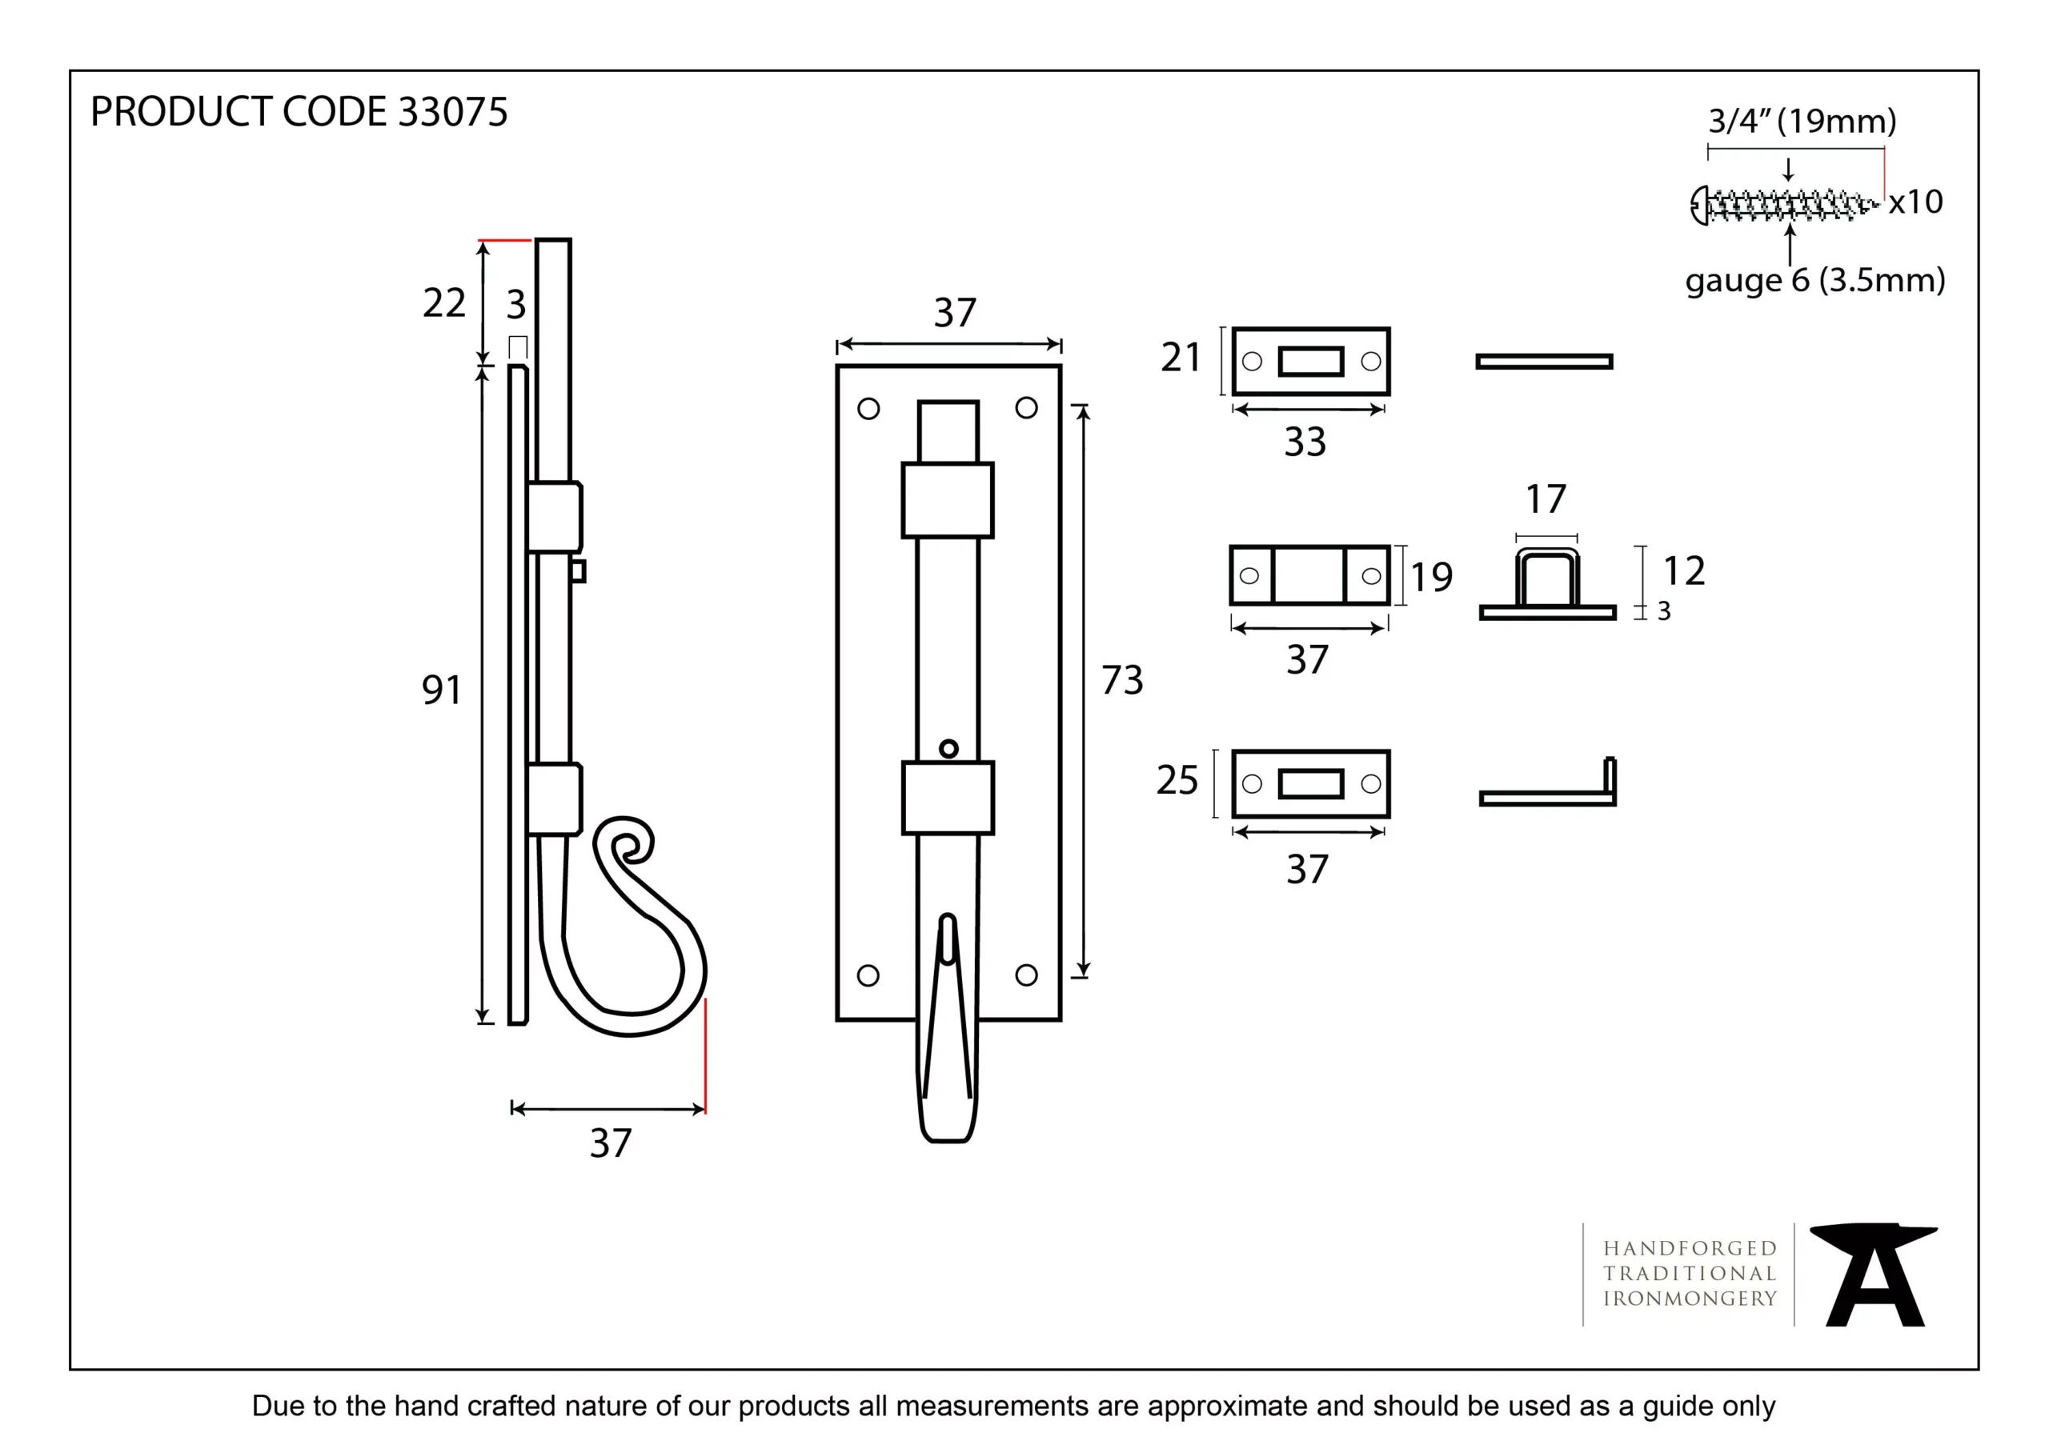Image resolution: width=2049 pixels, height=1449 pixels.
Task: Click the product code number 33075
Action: tap(452, 113)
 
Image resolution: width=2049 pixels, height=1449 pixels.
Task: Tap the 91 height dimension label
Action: tap(442, 690)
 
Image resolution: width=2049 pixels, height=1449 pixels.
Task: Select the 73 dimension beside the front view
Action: tap(1122, 680)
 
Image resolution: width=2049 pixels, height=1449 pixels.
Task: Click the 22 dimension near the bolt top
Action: tap(443, 303)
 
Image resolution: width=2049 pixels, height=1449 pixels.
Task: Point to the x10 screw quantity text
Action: tap(1915, 202)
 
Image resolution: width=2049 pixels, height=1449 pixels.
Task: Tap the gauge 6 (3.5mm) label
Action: tap(1814, 280)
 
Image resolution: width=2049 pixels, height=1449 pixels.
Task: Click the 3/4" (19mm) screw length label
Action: tap(1802, 121)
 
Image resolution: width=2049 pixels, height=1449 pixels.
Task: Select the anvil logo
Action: tap(1874, 1275)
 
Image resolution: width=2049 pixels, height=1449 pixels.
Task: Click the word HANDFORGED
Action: tap(1690, 1248)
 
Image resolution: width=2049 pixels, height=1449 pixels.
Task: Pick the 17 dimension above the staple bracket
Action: tap(1546, 499)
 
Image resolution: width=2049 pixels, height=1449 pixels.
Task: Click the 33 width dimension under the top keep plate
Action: tap(1305, 442)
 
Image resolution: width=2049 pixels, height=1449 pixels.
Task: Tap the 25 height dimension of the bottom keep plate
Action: tap(1177, 780)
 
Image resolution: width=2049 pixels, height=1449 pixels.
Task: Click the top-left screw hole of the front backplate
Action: tap(868, 409)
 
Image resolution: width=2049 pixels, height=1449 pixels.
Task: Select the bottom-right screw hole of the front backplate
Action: tap(1026, 975)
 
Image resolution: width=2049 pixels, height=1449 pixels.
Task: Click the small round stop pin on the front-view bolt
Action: tap(948, 749)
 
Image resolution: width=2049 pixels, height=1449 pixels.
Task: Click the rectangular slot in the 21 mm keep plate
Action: tap(1310, 362)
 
